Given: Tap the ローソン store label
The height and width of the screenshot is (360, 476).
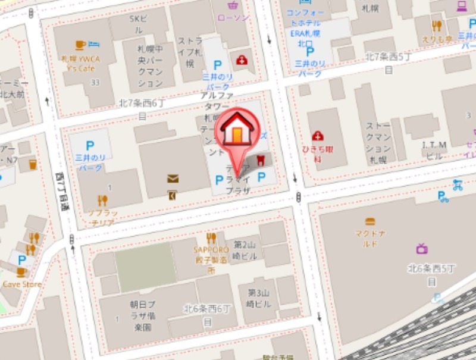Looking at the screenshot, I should click(234, 18).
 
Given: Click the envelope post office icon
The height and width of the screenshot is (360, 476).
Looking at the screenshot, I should click(173, 179).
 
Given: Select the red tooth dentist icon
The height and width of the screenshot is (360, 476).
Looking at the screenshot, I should click(259, 161).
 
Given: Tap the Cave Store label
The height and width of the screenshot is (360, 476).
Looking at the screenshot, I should click(22, 284).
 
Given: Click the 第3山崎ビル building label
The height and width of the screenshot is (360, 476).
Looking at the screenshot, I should click(259, 298).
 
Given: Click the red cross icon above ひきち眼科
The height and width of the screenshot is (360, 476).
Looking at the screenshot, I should click(318, 136).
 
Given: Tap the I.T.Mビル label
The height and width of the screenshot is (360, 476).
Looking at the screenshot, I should click(434, 150).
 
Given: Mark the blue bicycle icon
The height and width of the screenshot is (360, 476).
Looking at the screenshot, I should click(457, 184).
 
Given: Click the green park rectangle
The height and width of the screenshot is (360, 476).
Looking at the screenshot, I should click(145, 267).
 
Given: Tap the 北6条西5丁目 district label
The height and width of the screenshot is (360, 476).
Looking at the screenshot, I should click(427, 273).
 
